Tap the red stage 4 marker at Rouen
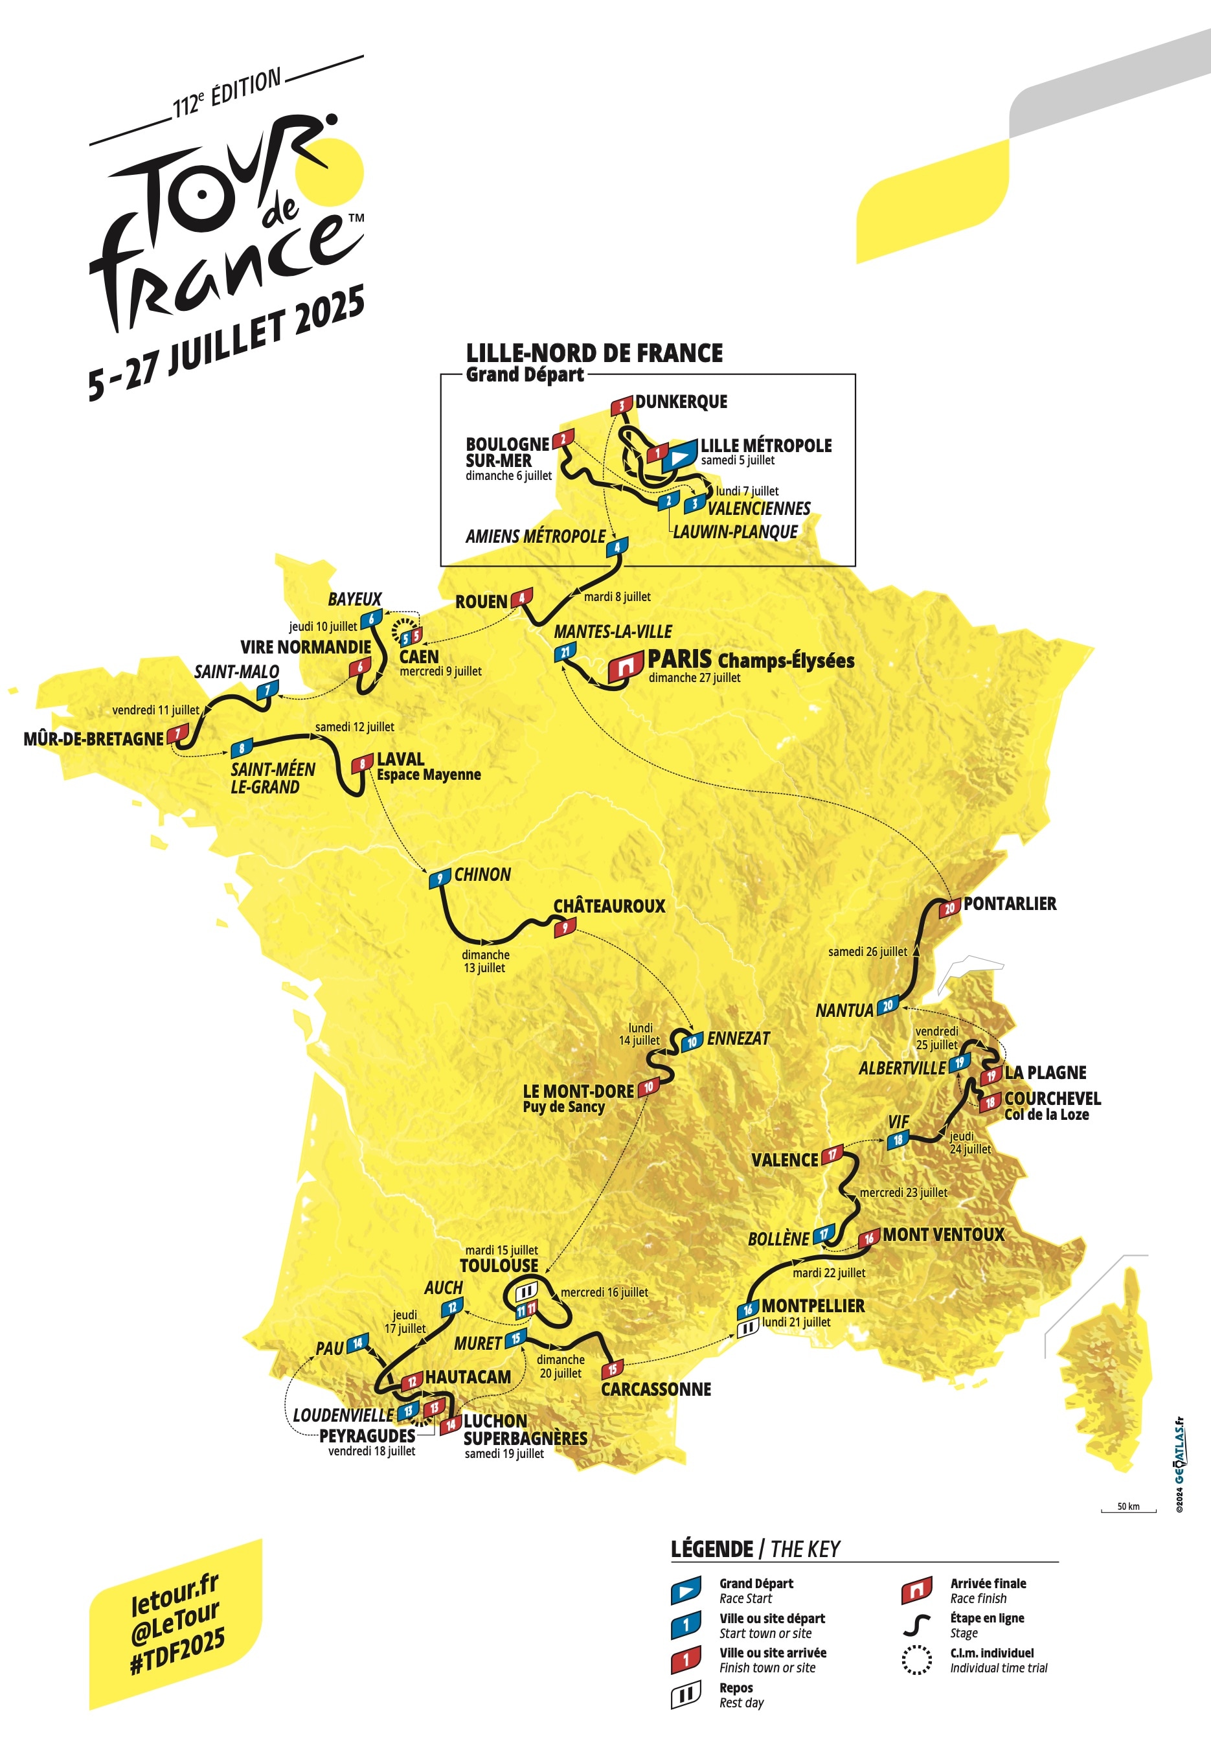tap(522, 598)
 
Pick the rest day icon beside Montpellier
tap(748, 1327)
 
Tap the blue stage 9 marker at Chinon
tap(440, 879)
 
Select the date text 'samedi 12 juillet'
tap(354, 727)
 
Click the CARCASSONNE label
tap(656, 1389)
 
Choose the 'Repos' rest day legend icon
tap(686, 1695)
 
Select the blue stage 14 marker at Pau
tap(358, 1342)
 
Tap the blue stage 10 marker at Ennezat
tap(692, 1042)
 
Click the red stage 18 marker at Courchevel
tap(990, 1102)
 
